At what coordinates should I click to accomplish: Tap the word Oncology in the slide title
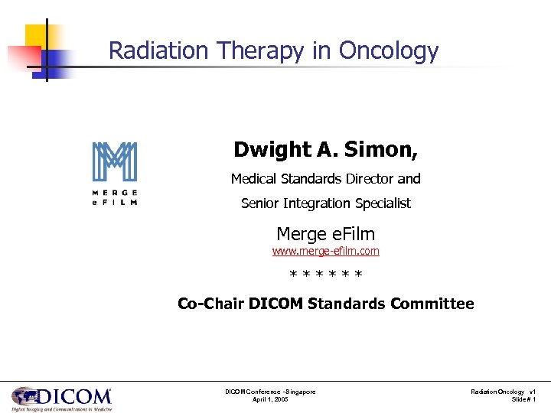389,51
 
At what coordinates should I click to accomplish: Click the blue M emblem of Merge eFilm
115,162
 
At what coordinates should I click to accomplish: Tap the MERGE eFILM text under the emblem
115,197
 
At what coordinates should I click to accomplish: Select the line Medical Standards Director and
326,179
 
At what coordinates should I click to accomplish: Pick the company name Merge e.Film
326,233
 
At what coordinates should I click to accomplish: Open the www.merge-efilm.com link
326,251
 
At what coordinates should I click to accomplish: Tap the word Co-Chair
210,304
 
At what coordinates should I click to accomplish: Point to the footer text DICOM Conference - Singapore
270,392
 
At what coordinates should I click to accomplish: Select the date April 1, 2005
270,400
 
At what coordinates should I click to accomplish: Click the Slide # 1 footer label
523,400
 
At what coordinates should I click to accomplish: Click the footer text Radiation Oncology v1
504,392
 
